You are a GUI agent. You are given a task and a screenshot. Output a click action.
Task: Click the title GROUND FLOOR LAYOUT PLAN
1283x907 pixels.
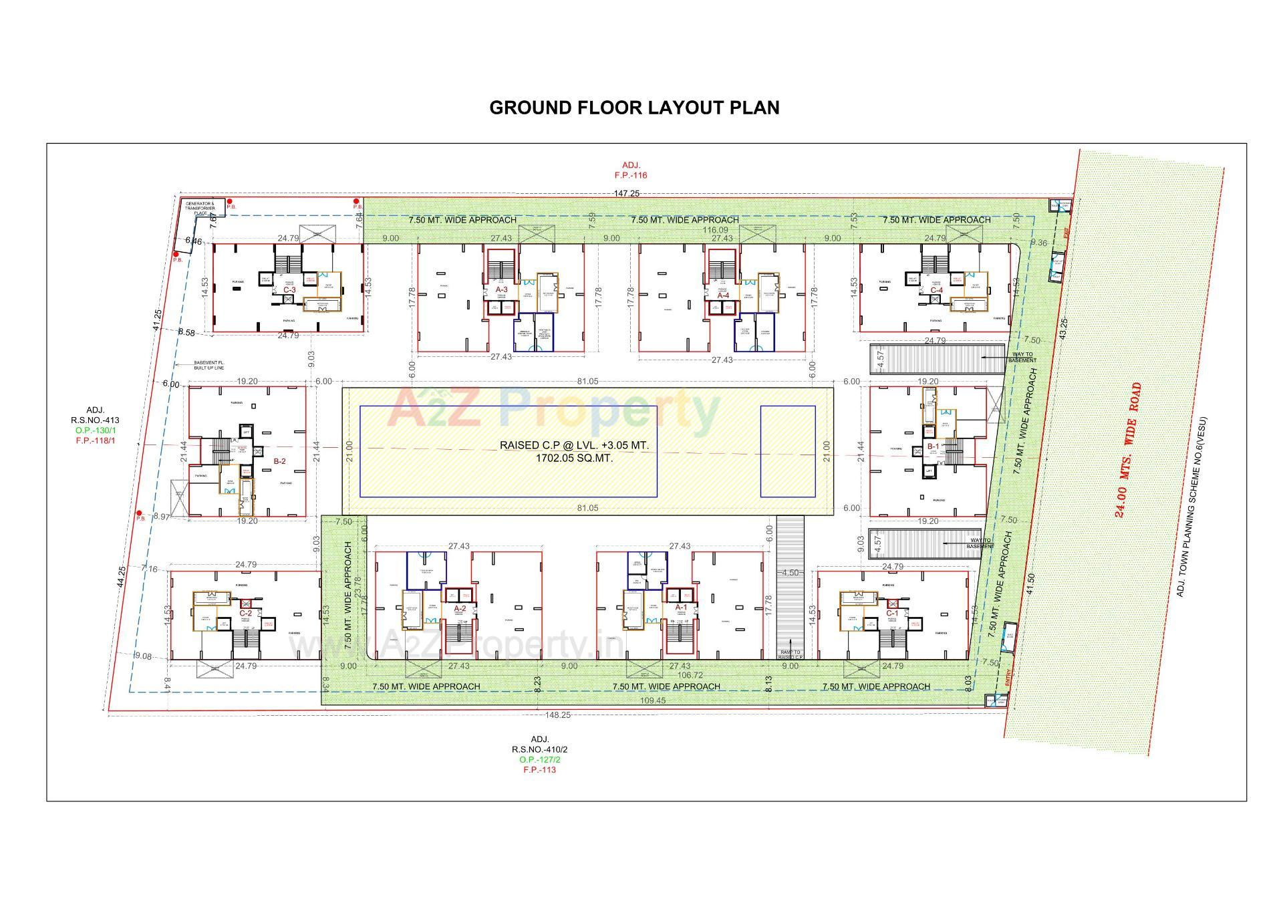634,108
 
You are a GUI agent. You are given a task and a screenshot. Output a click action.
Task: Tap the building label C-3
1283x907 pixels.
289,290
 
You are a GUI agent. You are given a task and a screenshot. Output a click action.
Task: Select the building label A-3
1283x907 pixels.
501,289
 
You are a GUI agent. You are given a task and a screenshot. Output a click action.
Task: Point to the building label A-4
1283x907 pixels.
723,295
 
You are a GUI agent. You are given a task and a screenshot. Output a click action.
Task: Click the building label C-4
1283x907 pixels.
937,290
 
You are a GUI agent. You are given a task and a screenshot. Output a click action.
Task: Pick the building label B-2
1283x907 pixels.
279,461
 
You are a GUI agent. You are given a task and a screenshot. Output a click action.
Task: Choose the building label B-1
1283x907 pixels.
933,446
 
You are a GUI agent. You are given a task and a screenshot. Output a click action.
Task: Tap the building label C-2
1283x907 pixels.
246,613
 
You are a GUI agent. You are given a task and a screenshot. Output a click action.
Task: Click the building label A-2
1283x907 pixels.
460,608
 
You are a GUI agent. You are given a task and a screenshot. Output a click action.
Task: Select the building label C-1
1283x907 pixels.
892,613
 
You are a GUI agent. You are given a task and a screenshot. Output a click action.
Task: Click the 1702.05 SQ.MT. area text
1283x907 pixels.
574,459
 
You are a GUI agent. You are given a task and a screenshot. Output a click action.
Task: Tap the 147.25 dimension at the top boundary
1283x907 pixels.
627,193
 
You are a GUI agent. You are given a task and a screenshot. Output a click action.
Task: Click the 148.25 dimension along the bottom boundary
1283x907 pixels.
557,715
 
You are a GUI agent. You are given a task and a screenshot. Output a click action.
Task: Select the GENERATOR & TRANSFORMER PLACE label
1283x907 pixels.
200,208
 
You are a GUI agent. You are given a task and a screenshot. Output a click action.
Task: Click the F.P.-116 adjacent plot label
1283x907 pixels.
631,175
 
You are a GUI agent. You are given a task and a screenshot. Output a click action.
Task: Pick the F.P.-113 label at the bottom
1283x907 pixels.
539,769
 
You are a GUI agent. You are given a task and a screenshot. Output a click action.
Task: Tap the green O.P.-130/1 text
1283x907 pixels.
94,430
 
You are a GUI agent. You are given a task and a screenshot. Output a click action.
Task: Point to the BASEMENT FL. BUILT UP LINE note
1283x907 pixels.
208,366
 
